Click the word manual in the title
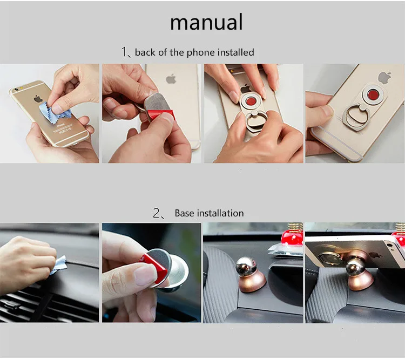[x=206, y=22]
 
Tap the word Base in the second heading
[x=184, y=213]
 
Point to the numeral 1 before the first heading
[x=125, y=52]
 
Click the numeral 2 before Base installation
[x=156, y=213]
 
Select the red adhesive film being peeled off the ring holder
[x=161, y=115]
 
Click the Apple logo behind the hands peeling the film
[x=171, y=79]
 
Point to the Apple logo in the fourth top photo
[x=385, y=78]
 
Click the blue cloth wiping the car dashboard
[x=59, y=264]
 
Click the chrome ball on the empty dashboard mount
[x=246, y=267]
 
